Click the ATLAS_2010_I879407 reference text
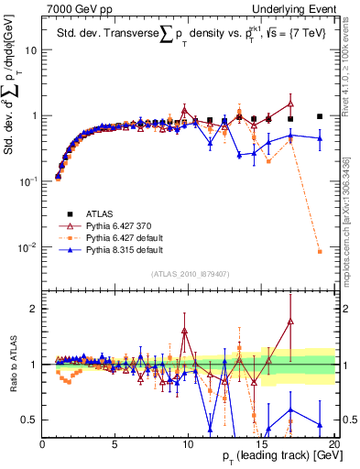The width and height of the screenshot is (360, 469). coord(189,272)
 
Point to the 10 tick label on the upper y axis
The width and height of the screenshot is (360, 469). coord(30,50)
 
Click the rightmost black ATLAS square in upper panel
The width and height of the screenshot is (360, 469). coord(320,116)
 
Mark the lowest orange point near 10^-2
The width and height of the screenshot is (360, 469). coord(320,251)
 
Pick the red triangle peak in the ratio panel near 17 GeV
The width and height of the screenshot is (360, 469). coord(290,322)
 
